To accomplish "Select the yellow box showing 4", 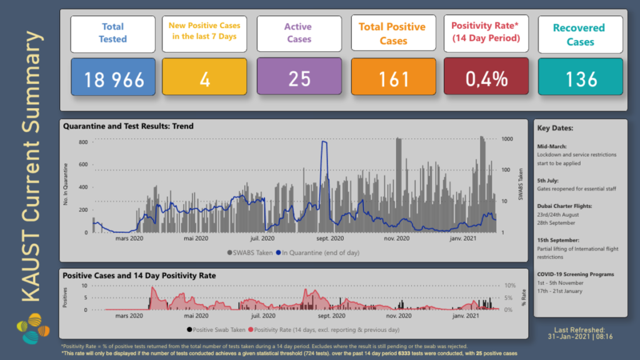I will pyautogui.click(x=205, y=79).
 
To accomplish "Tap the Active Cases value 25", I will pyautogui.click(x=299, y=79).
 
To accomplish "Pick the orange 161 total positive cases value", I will pyautogui.click(x=393, y=79).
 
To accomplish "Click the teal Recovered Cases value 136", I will pyautogui.click(x=580, y=79).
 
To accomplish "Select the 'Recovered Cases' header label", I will pyautogui.click(x=579, y=35).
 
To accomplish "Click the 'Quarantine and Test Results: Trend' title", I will pyautogui.click(x=129, y=126).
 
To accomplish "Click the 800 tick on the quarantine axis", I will pyautogui.click(x=82, y=142).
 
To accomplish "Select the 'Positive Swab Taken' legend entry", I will pyautogui.click(x=215, y=329).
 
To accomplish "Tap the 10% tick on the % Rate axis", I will pyautogui.click(x=510, y=286).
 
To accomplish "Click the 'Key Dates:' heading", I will pyautogui.click(x=555, y=128).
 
